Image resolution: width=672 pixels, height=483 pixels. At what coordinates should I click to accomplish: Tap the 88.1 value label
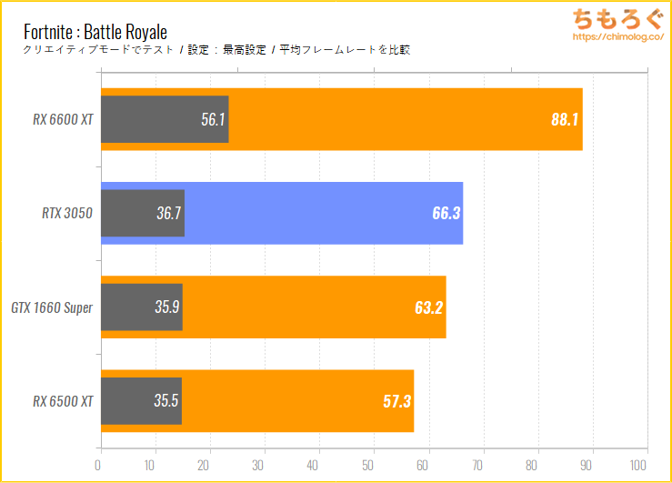[x=565, y=118]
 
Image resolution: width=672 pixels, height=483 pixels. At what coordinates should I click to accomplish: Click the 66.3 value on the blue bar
[x=446, y=213]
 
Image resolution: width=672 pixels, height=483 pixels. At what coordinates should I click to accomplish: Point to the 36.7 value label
[x=168, y=213]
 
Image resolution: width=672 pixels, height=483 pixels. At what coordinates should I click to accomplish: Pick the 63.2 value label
[x=428, y=307]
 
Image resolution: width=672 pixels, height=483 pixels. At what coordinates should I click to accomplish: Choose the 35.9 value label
[x=166, y=307]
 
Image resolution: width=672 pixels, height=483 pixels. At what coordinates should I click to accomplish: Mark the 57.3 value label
[x=396, y=400]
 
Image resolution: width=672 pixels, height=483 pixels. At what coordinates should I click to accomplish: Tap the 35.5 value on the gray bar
[x=165, y=400]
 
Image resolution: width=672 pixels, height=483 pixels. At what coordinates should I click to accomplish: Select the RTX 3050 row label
[x=67, y=213]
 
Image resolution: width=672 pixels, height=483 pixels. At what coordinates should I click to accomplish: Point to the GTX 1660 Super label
[x=52, y=307]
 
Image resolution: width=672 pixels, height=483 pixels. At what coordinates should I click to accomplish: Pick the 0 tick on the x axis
[x=98, y=465]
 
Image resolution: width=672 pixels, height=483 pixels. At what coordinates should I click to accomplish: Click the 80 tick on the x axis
[x=537, y=465]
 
